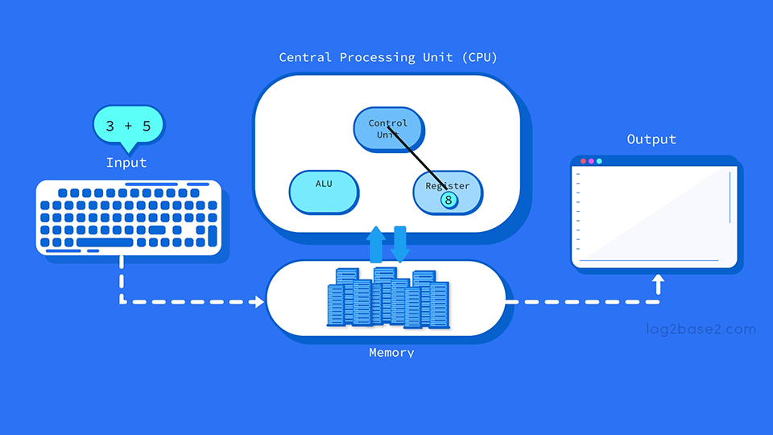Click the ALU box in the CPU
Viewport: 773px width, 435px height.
[x=324, y=192]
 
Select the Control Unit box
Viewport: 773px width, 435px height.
[x=388, y=130]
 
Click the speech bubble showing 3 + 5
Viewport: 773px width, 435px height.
[x=128, y=126]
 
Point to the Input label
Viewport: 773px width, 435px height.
[x=126, y=163]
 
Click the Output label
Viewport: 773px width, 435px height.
[x=651, y=139]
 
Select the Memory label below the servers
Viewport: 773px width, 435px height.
[x=391, y=353]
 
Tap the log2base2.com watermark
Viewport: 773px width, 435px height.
[x=701, y=329]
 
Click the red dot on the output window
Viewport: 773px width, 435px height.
[x=583, y=161]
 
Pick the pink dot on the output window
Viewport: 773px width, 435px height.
[x=591, y=161]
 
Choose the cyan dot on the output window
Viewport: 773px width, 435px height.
[x=599, y=161]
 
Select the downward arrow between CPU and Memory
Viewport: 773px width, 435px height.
[x=400, y=244]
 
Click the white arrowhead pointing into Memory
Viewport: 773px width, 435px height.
[x=258, y=302]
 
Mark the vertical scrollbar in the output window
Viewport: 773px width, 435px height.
[x=730, y=197]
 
